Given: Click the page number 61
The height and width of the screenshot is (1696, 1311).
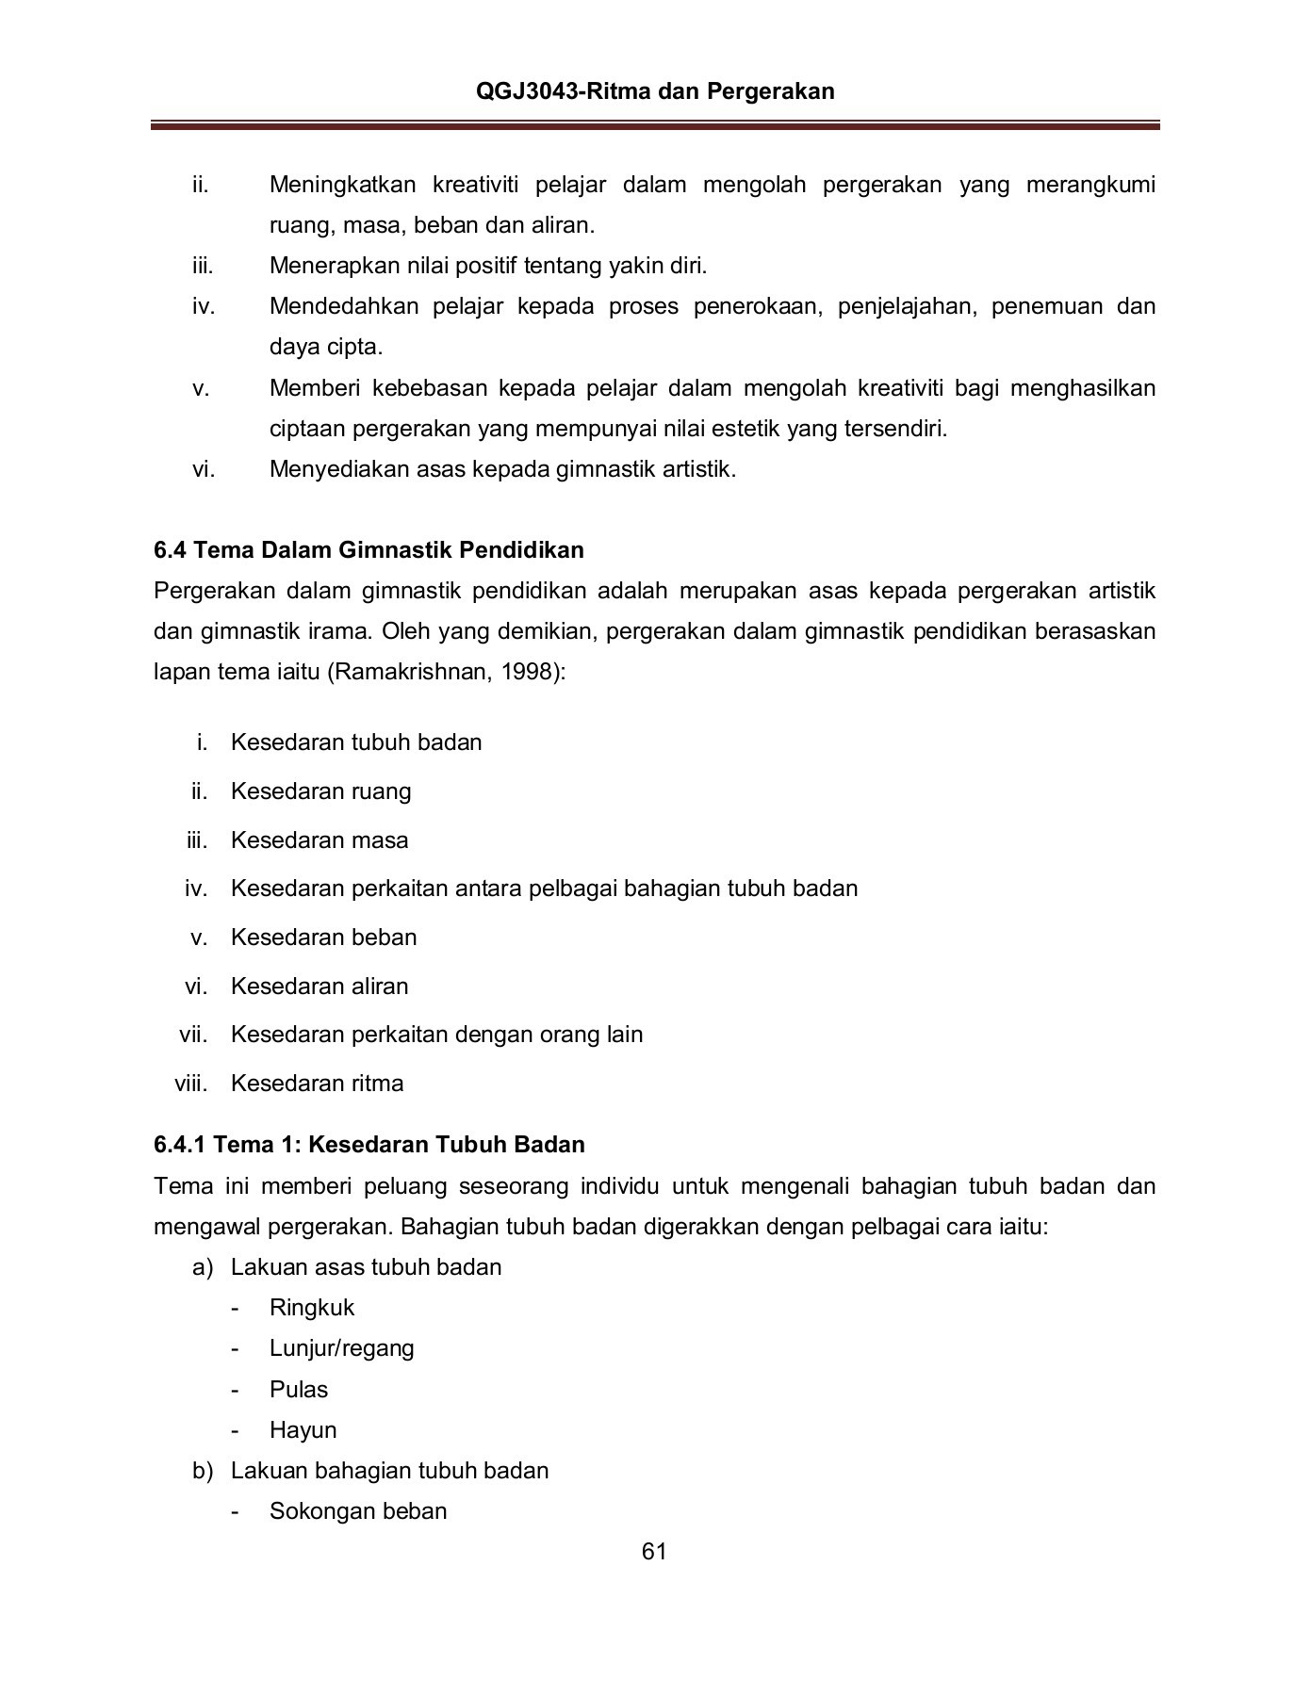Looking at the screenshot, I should [654, 1552].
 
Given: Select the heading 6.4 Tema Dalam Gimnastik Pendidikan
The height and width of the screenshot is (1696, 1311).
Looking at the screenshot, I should [369, 549].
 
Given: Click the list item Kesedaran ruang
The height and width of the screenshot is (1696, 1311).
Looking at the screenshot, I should [320, 791].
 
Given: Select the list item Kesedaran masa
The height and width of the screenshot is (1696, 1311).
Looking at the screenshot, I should [320, 840].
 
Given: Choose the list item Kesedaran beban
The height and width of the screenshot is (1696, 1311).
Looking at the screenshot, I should [323, 937].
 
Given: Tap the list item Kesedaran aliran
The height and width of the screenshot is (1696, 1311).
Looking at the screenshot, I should [320, 986].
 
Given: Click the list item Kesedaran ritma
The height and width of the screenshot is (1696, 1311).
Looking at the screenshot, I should [317, 1083].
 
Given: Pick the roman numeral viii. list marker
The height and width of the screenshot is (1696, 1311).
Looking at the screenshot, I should [190, 1083].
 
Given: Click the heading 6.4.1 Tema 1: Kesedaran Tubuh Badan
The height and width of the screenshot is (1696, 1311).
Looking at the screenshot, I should [369, 1144].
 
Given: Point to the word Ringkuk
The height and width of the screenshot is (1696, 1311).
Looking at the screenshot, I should [312, 1307].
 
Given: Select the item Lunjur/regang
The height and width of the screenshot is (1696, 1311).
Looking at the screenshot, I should [341, 1347].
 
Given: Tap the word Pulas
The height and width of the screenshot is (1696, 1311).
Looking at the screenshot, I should [298, 1389].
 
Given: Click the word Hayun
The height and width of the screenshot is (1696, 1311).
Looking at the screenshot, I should [303, 1429].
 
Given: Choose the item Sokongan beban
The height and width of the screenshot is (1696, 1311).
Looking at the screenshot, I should [358, 1510].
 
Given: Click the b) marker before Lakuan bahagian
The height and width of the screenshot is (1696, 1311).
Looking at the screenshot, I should [203, 1470].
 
